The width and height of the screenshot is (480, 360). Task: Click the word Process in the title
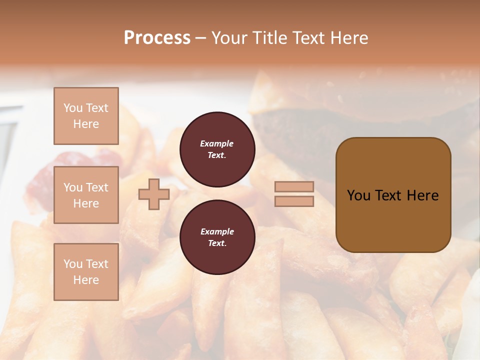click(157, 38)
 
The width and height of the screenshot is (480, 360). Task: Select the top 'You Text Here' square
click(86, 116)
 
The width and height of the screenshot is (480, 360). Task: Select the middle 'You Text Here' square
click(86, 195)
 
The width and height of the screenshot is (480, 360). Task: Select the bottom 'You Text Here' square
click(86, 272)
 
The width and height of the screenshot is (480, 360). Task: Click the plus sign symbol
click(154, 194)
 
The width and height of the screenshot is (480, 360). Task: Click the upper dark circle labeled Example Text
click(217, 149)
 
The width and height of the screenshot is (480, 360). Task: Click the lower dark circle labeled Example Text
click(217, 237)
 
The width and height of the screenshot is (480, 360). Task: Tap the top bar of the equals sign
click(294, 186)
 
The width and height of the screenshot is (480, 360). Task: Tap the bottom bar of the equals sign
click(294, 201)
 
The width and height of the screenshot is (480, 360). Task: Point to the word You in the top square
click(73, 108)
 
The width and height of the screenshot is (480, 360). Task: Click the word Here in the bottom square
click(86, 280)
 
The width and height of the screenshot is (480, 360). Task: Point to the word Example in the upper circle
click(217, 143)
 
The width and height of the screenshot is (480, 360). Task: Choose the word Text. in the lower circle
click(217, 243)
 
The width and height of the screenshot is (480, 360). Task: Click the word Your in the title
click(230, 38)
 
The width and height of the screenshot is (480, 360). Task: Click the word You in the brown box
click(358, 195)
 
